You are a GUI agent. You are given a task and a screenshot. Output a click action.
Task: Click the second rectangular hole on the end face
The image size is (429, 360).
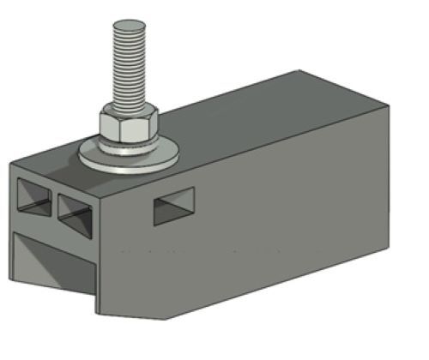(x=75, y=208)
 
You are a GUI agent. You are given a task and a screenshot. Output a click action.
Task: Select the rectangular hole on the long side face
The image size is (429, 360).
(x=173, y=207)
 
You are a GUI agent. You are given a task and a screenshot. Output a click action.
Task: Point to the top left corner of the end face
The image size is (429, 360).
(x=10, y=163)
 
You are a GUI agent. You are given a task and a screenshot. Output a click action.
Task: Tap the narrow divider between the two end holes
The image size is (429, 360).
(x=53, y=202)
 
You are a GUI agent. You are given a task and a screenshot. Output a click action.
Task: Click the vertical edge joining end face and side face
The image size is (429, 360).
(x=99, y=240)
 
